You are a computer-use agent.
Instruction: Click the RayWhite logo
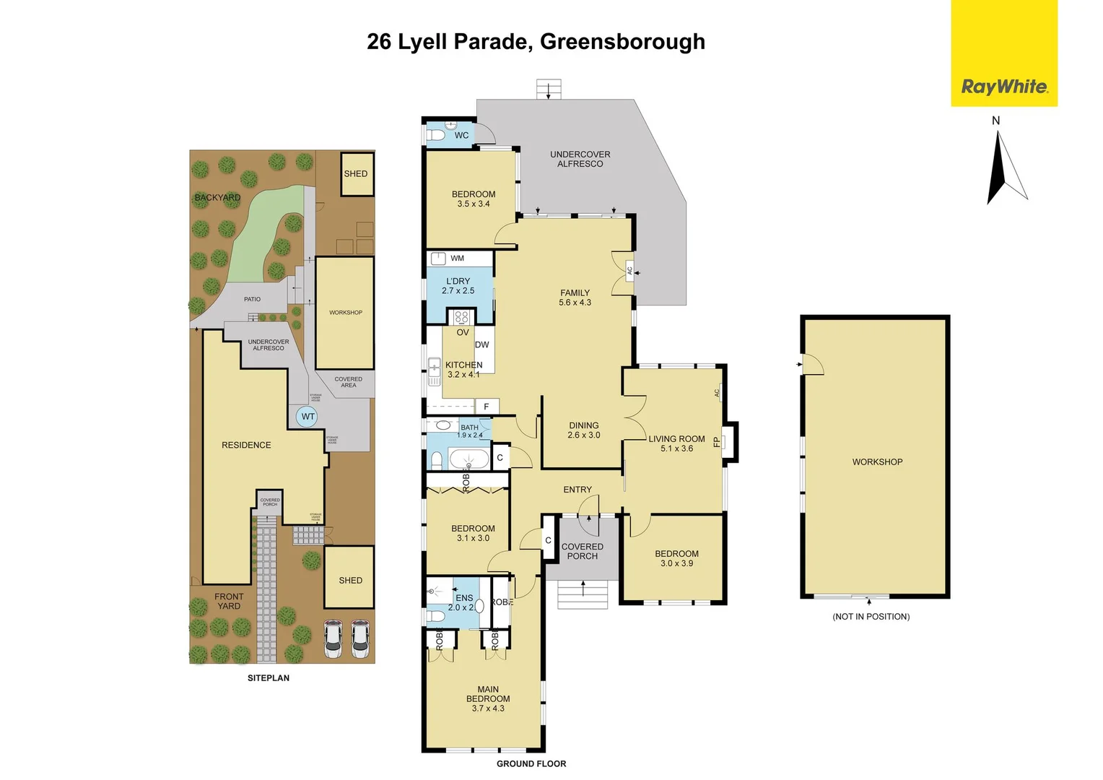(x=1003, y=87)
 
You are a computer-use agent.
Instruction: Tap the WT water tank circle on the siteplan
(x=308, y=417)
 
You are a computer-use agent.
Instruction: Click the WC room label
(x=461, y=135)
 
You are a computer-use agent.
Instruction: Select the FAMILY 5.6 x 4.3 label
(x=575, y=298)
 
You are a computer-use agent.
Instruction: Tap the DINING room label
(x=583, y=430)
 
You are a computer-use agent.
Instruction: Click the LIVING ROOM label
(x=676, y=443)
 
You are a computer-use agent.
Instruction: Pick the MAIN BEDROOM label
(x=488, y=698)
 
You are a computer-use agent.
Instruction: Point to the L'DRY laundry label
(x=458, y=286)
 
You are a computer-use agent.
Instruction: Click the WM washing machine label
(x=457, y=258)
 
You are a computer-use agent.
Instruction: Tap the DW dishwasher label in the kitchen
(x=482, y=344)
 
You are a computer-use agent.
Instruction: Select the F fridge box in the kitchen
(x=487, y=407)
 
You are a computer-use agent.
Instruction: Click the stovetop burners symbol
(x=461, y=316)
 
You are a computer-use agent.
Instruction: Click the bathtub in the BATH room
(x=468, y=459)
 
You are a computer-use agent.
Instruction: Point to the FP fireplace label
(x=717, y=441)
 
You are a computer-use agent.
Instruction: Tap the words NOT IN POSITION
(x=871, y=617)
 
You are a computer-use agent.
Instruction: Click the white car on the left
(x=333, y=638)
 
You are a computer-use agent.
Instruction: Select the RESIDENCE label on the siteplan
(x=246, y=445)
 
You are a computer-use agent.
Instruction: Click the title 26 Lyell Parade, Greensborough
(x=536, y=42)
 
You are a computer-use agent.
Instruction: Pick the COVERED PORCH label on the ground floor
(x=582, y=551)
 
